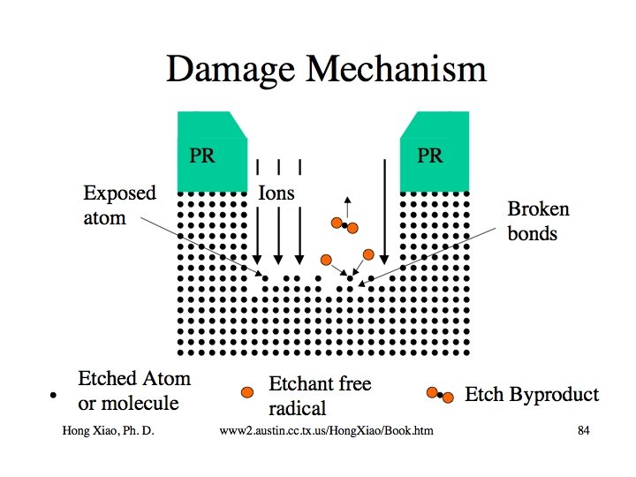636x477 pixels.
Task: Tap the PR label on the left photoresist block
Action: tap(202, 156)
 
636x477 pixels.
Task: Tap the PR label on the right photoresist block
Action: tap(430, 156)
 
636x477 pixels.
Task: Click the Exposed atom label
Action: tap(118, 205)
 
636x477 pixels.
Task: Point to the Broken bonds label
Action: tap(538, 221)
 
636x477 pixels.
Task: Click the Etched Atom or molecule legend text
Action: tap(133, 391)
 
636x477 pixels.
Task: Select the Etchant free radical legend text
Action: tap(319, 396)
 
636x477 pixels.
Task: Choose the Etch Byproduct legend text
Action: tap(532, 394)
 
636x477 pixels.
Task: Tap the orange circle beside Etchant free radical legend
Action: tap(249, 391)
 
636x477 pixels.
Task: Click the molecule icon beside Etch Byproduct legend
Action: tap(440, 395)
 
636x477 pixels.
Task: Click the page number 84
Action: tap(583, 430)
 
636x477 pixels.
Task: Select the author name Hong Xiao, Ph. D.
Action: tap(110, 430)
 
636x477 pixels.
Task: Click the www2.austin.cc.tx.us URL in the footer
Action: tap(331, 430)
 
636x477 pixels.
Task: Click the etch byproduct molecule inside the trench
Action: tap(344, 225)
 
